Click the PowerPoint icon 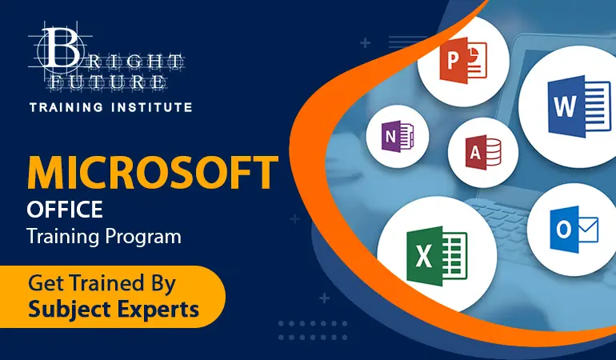463,60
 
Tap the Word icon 579,106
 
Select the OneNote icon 398,136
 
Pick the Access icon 483,153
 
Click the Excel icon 437,256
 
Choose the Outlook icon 574,230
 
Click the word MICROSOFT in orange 153,173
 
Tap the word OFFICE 65,209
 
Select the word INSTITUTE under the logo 152,107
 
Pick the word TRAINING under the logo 66,107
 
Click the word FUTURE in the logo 108,82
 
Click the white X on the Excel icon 423,256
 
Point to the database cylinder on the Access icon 493,153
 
